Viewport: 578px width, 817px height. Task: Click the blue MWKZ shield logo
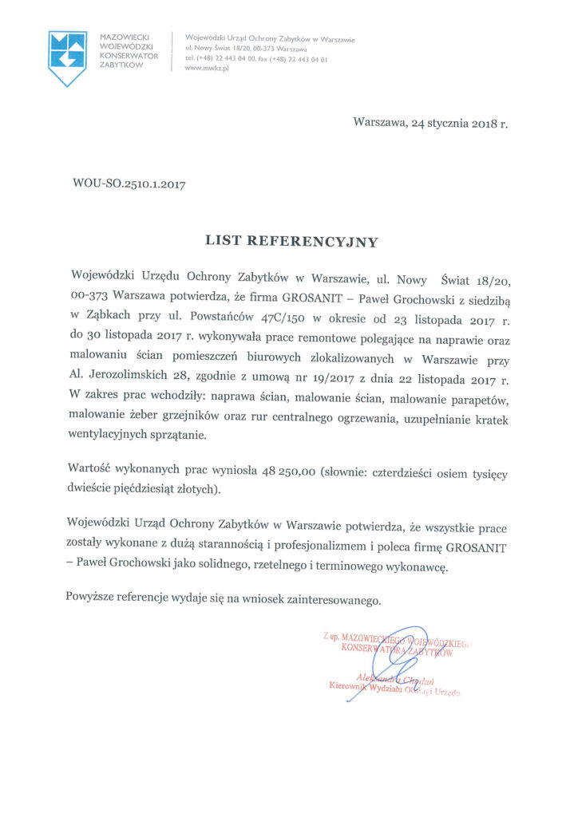67,57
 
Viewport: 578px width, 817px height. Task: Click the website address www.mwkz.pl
206,69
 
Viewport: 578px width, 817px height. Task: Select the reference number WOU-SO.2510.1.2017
129,185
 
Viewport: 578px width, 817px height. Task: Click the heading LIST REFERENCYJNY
291,239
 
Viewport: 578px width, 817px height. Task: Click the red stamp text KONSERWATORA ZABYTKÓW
397,650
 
